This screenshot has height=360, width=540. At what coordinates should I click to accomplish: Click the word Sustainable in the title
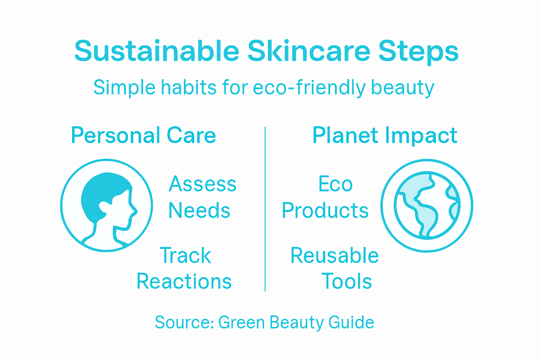coord(157,51)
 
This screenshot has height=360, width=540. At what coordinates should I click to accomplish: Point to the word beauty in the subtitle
coord(403,88)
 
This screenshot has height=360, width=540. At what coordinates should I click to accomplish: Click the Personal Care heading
coord(143,135)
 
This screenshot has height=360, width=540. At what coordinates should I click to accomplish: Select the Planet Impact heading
coord(385,136)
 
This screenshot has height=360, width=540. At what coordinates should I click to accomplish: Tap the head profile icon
coord(107,205)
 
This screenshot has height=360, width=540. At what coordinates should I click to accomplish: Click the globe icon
coord(427,206)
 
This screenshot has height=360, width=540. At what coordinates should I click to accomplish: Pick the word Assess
coord(202,184)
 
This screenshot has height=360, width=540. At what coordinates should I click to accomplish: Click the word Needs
coord(199,211)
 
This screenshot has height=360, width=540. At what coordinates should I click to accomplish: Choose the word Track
coord(185,255)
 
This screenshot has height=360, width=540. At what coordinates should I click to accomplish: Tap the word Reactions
coord(184,281)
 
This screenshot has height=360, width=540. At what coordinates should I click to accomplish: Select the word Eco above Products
coord(335,184)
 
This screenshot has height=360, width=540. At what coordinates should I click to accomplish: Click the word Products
coord(325,211)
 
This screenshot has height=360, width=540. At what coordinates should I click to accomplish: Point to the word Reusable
coord(334,255)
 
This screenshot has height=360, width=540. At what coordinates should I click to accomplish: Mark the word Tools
coord(347,281)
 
